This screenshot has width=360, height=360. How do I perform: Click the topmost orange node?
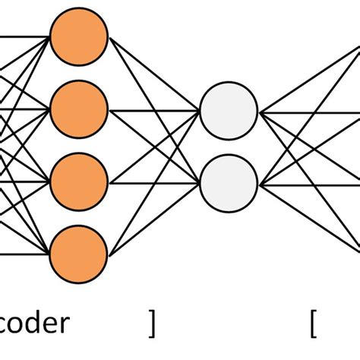point(79,36)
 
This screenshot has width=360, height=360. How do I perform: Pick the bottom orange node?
point(79,254)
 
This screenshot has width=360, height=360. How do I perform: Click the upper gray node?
point(229,112)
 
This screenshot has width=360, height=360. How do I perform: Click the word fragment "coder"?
point(34,324)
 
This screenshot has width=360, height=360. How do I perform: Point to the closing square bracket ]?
point(152,324)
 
